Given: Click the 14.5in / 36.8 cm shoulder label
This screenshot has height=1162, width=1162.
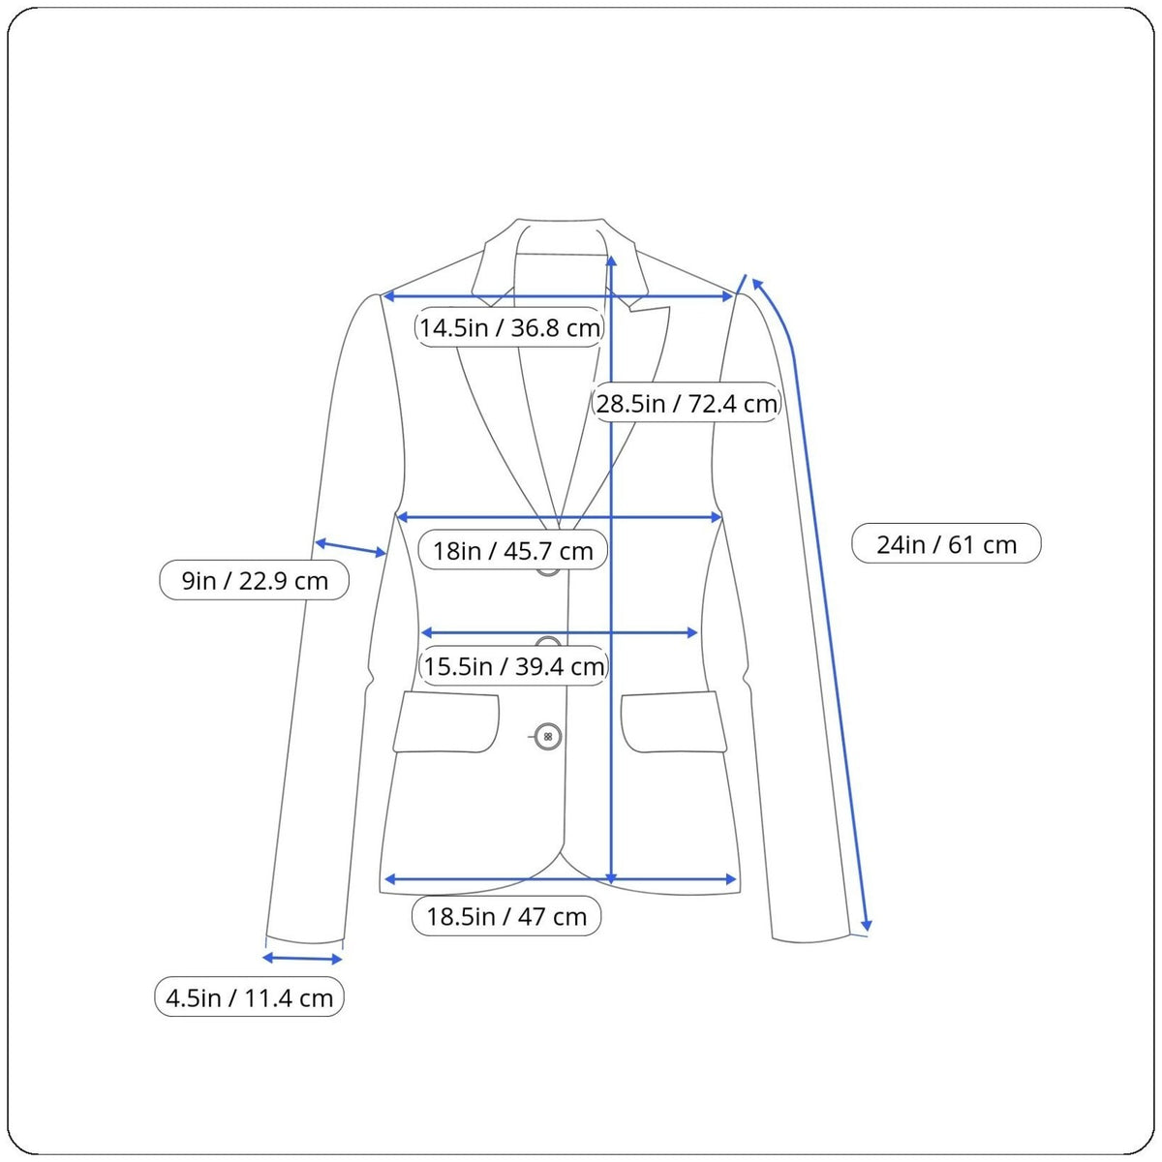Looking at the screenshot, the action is (x=509, y=327).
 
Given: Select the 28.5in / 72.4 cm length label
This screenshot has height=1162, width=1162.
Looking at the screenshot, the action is (x=687, y=403).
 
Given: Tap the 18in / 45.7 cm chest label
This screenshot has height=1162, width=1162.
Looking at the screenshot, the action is (x=512, y=550).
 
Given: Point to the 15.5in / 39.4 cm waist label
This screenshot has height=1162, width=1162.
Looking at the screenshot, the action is (x=514, y=665).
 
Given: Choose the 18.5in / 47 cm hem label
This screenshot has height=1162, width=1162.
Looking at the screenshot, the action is (x=506, y=916).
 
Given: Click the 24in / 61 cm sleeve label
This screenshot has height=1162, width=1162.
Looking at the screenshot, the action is (x=946, y=544).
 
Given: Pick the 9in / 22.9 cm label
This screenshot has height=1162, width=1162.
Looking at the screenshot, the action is (x=255, y=580).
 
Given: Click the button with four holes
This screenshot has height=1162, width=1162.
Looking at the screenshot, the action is (x=548, y=736).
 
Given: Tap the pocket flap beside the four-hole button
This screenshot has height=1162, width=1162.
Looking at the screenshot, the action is (x=446, y=721).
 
